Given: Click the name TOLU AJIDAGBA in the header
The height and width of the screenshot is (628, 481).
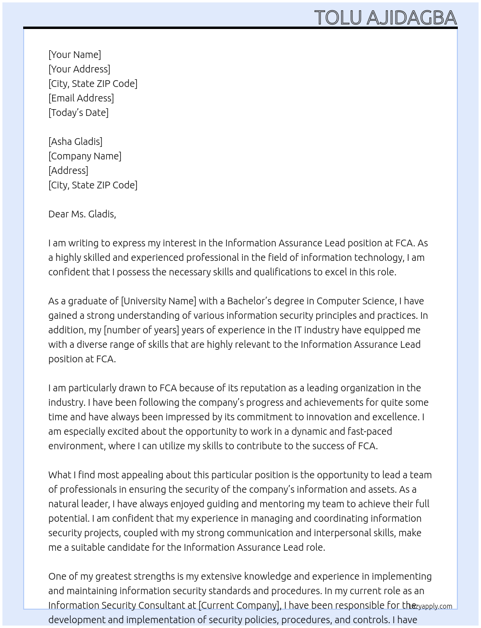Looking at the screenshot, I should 385,17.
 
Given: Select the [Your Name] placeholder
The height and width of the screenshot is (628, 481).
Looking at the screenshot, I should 74,55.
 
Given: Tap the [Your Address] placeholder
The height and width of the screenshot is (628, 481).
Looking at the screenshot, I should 79,69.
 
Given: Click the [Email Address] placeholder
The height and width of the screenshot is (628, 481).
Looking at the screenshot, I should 81,98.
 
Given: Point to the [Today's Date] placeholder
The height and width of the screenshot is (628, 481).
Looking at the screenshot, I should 78,113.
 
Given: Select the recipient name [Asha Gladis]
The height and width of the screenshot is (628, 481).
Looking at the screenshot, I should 75,142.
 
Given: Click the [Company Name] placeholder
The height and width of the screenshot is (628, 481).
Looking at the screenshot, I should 85,156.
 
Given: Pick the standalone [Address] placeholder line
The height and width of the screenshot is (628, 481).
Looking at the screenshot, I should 68,171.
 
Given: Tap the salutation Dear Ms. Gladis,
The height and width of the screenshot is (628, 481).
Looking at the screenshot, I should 82,214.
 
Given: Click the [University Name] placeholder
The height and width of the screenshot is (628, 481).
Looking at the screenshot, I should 158,301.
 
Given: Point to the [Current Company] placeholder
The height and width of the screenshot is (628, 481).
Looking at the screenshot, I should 240,605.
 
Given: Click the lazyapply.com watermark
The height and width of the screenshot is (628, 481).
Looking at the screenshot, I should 430,606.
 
